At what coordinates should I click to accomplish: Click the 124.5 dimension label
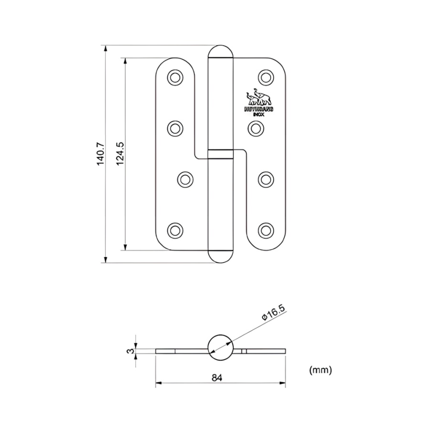click(120, 154)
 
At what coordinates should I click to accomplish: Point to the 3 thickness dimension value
click(129, 351)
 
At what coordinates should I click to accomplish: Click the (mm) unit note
click(320, 369)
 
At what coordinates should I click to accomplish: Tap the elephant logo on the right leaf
click(259, 98)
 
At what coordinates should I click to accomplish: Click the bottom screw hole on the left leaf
click(175, 230)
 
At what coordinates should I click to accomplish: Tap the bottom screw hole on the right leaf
click(266, 230)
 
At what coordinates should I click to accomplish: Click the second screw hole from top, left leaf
click(175, 128)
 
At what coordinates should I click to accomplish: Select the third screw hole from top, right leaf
click(266, 179)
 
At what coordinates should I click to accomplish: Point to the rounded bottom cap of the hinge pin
click(221, 256)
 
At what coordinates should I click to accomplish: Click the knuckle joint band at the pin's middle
click(221, 154)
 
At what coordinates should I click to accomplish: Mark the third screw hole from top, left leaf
click(185, 179)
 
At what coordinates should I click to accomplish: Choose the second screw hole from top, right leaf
click(257, 128)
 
